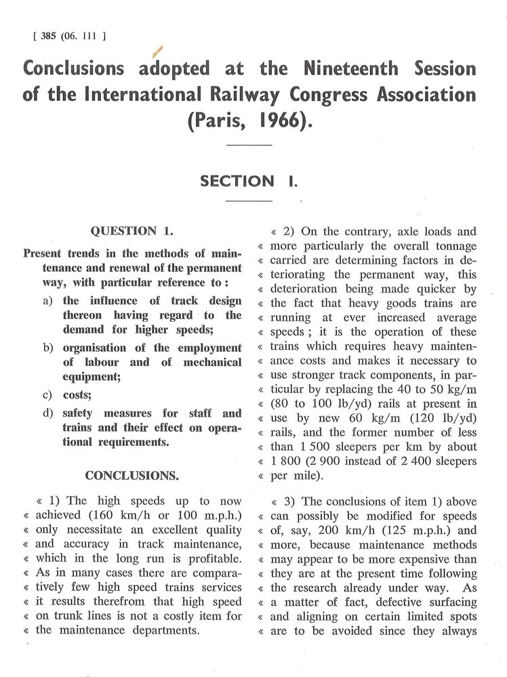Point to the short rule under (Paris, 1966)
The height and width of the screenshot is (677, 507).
(x=248, y=144)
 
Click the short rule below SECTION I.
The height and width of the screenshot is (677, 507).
(x=248, y=201)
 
